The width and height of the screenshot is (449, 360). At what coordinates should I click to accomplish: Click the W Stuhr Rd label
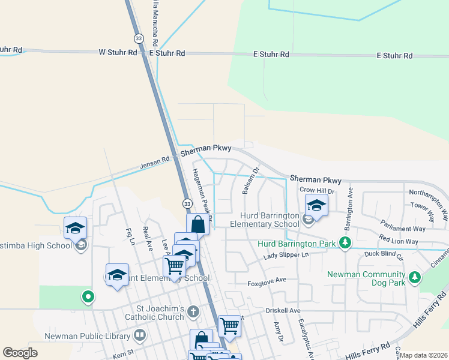coord(118,53)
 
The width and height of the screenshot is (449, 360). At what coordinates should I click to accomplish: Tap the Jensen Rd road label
coord(155,162)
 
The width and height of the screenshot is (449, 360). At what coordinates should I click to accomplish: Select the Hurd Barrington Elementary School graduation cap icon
coord(316,206)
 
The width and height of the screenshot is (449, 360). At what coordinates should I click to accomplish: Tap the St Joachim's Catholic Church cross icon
coord(193,311)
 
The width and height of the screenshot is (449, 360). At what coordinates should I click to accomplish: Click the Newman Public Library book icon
coord(140,334)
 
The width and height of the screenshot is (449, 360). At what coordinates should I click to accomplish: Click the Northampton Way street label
coord(427,193)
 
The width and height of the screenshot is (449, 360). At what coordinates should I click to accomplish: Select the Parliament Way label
coord(403,229)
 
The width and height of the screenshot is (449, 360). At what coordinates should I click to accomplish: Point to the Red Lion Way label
coord(399,241)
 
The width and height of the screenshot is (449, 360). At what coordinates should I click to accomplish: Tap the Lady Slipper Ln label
coord(286,256)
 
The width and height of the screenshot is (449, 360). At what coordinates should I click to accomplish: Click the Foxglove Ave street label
coord(268,281)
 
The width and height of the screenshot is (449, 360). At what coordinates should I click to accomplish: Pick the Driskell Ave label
coord(283,311)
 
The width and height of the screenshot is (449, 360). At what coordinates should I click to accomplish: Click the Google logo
coord(20,353)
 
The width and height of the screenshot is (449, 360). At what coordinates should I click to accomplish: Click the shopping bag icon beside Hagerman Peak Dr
coord(197,225)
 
